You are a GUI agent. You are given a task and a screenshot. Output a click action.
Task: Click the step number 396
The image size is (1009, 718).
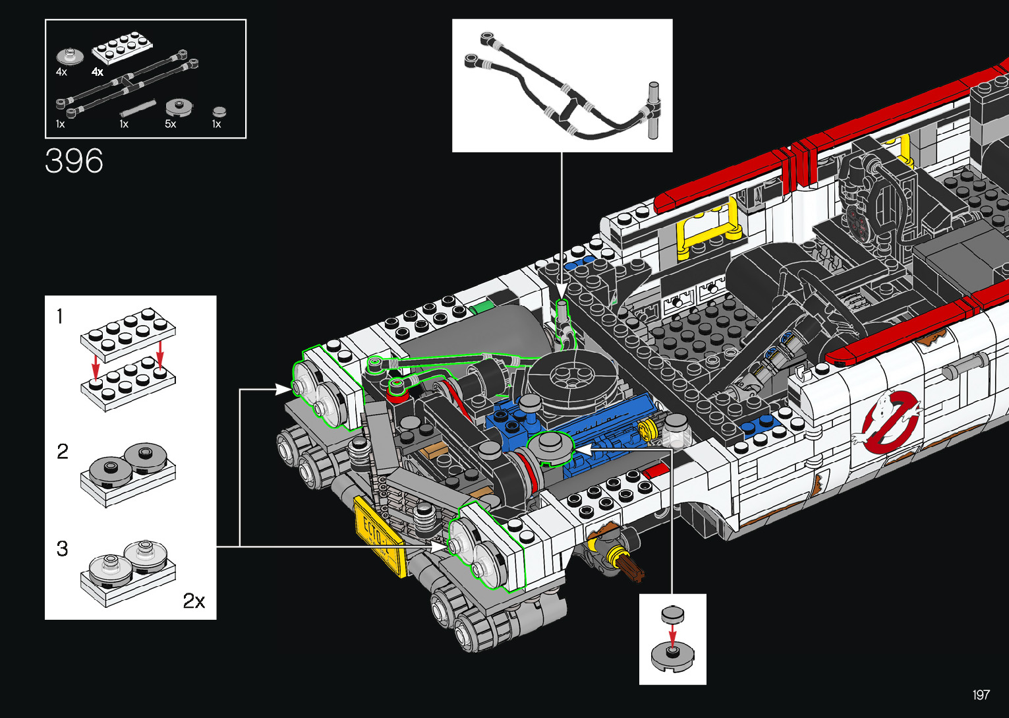pyautogui.click(x=74, y=161)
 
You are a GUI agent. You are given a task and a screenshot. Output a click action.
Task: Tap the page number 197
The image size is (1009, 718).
pyautogui.click(x=981, y=694)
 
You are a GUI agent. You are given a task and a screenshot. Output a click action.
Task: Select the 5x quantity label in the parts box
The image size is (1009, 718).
pyautogui.click(x=170, y=124)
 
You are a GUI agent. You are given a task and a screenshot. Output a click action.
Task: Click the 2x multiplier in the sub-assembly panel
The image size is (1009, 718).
pyautogui.click(x=194, y=601)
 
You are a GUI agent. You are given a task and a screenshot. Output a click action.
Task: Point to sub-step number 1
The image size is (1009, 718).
pyautogui.click(x=59, y=316)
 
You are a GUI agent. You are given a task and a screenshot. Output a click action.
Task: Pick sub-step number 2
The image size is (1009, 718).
pyautogui.click(x=63, y=451)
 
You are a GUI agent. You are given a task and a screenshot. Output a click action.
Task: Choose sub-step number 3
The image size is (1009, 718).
pyautogui.click(x=63, y=549)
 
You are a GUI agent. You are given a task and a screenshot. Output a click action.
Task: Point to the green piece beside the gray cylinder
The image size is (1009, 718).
pyautogui.click(x=479, y=309)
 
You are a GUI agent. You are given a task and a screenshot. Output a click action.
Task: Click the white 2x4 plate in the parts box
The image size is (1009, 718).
pyautogui.click(x=122, y=47)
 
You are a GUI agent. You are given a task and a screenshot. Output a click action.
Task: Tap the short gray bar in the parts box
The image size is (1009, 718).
pyautogui.click(x=138, y=108)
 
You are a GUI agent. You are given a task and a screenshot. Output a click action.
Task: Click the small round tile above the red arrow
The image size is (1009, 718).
pyautogui.click(x=672, y=614)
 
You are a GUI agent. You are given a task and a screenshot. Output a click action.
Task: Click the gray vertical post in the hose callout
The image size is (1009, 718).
pyautogui.click(x=654, y=110)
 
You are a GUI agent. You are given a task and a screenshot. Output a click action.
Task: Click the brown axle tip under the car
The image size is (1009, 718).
pyautogui.click(x=633, y=570)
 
